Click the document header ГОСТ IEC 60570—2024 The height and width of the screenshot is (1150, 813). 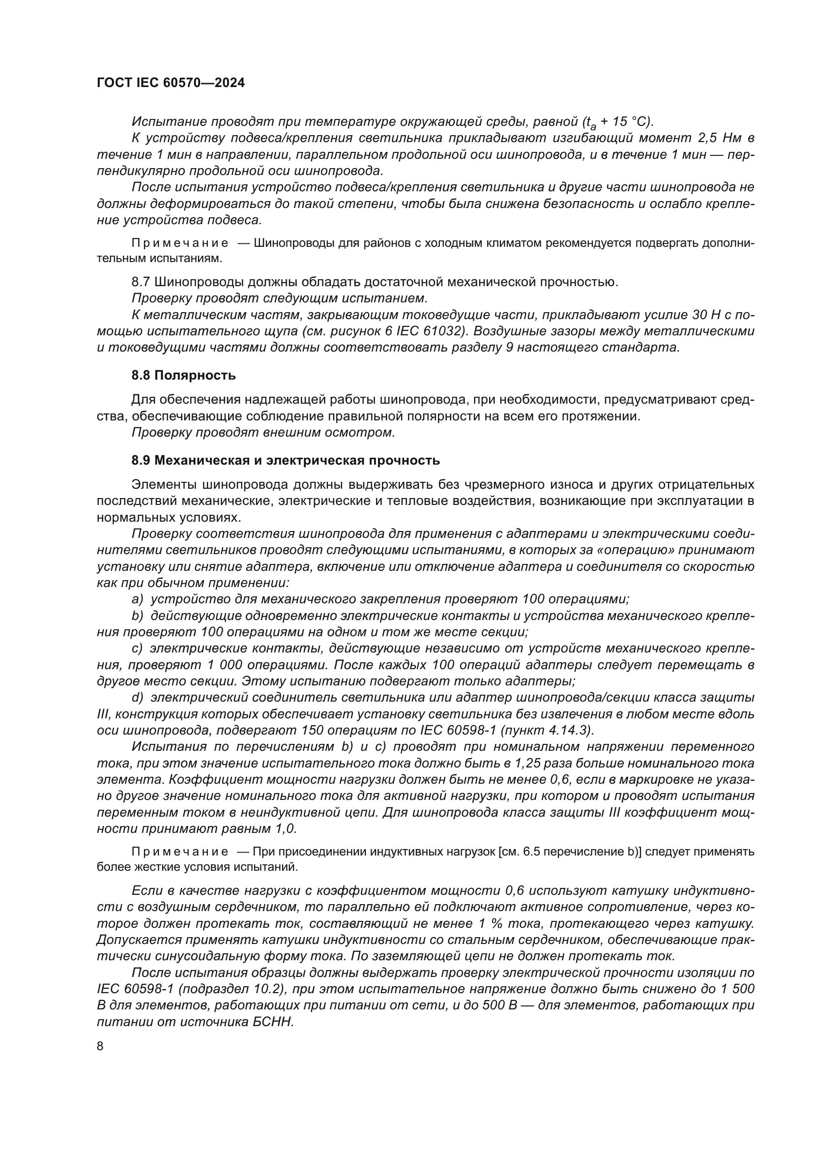pos(171,83)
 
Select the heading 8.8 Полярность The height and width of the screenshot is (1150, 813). pos(183,376)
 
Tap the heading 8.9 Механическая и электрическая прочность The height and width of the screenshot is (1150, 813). pos(286,460)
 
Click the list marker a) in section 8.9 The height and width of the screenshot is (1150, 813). pos(137,599)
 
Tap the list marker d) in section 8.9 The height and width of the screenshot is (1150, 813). pos(137,697)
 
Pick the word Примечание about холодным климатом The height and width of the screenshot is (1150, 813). pos(180,243)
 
